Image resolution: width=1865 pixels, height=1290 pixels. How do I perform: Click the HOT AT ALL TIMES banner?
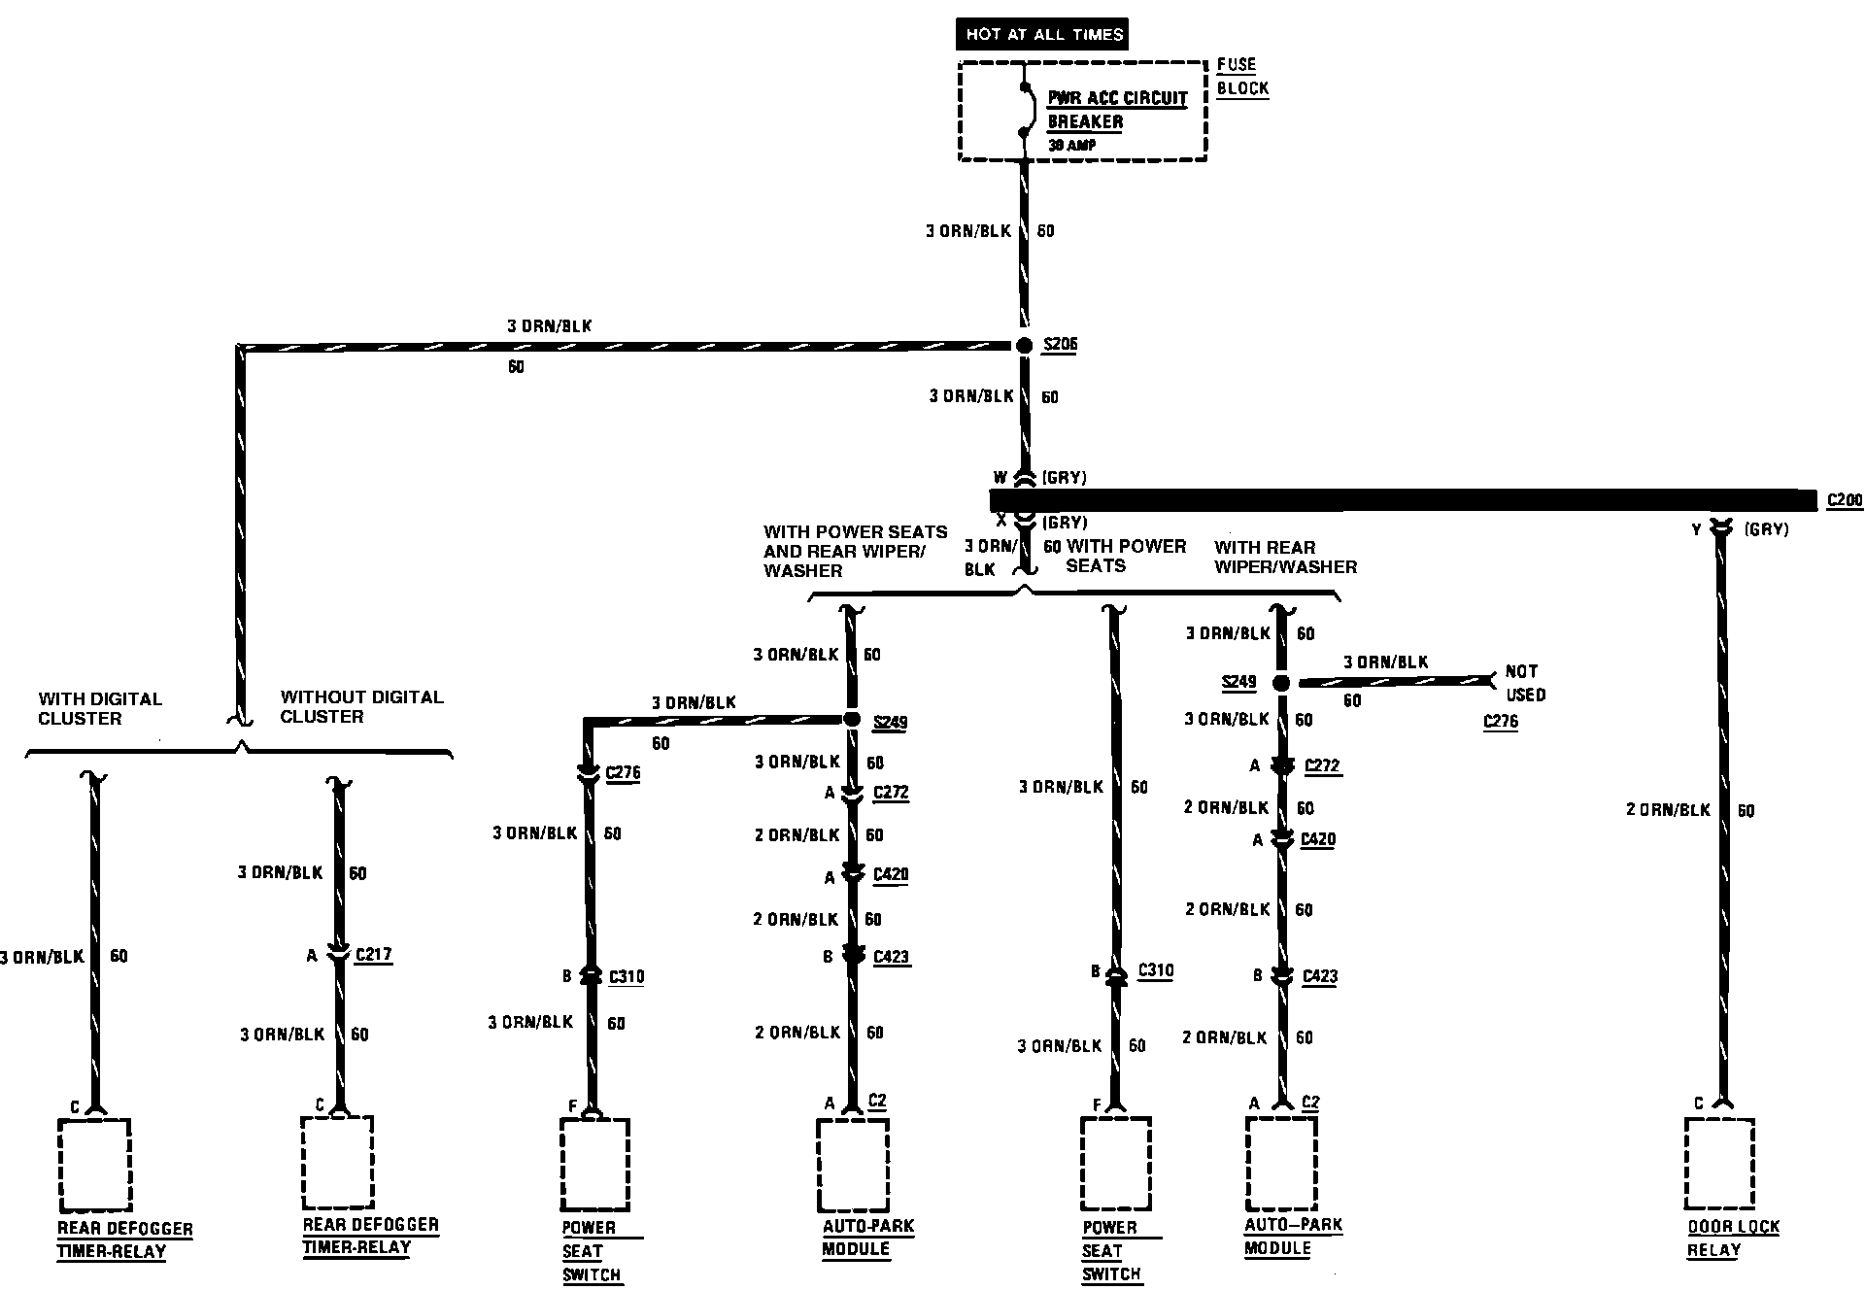(1043, 34)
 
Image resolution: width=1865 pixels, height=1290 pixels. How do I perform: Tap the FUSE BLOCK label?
(1242, 77)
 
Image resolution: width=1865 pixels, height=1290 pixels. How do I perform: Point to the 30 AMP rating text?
(1073, 146)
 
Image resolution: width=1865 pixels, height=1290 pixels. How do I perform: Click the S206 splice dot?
(1024, 345)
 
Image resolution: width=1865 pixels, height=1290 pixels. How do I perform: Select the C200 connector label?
(1845, 501)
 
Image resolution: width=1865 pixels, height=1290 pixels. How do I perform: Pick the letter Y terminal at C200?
(1696, 530)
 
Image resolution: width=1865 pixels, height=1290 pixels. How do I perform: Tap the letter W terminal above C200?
(1000, 478)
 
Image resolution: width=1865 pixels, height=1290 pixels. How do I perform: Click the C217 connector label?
(374, 955)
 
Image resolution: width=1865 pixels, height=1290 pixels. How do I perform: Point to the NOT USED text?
(1524, 683)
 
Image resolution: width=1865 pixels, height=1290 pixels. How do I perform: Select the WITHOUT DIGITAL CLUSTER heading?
(361, 707)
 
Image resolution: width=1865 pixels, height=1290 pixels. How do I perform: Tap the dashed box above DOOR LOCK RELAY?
(1720, 1162)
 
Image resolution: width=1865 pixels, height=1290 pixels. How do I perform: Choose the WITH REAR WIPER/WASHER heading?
(1284, 557)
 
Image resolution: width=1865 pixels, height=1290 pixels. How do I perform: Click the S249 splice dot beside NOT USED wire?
(1281, 684)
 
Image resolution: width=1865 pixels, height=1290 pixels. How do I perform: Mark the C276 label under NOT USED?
(1500, 722)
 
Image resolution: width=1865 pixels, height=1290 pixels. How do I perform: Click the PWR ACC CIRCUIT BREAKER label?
(1116, 110)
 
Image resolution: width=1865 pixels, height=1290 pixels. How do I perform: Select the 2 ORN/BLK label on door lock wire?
(1667, 809)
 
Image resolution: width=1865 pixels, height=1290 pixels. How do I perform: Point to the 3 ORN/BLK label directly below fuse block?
(968, 231)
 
